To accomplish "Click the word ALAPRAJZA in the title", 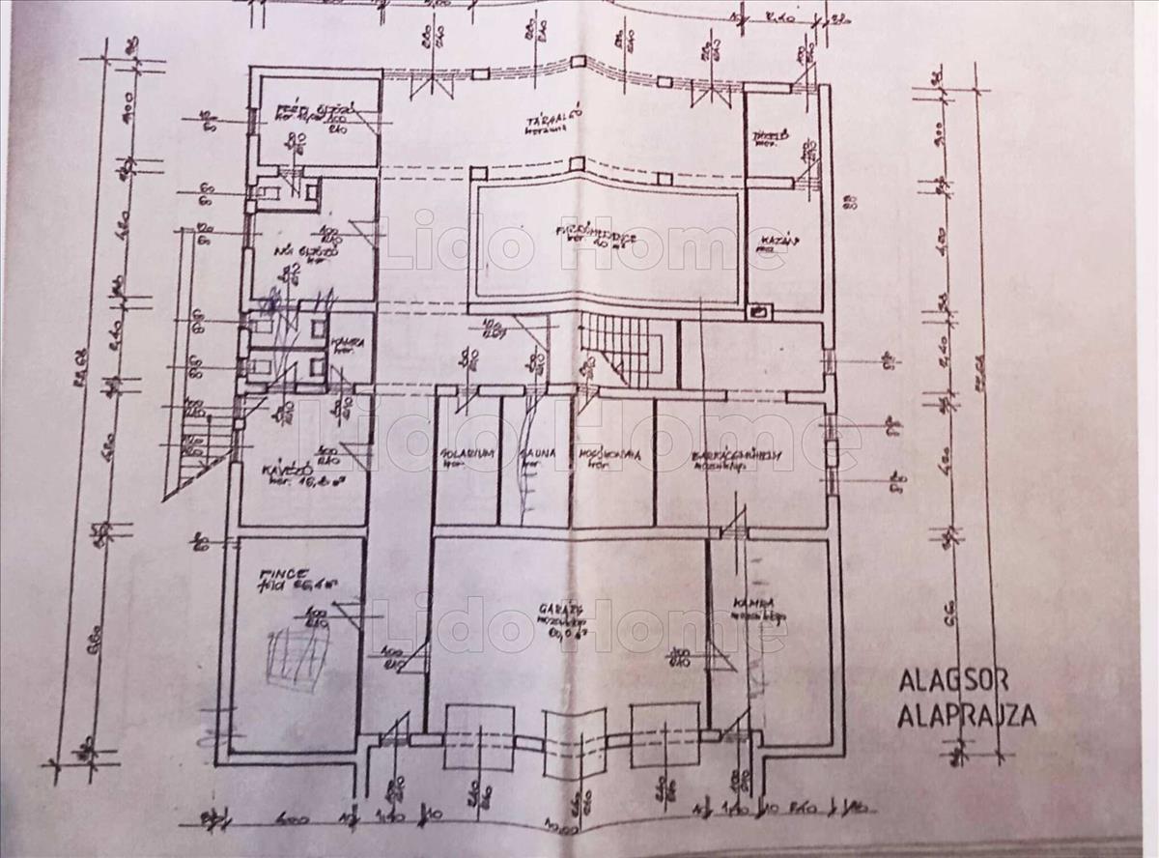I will [x=967, y=716].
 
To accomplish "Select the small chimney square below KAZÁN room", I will [x=760, y=311].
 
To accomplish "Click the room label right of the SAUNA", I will [x=605, y=453].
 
